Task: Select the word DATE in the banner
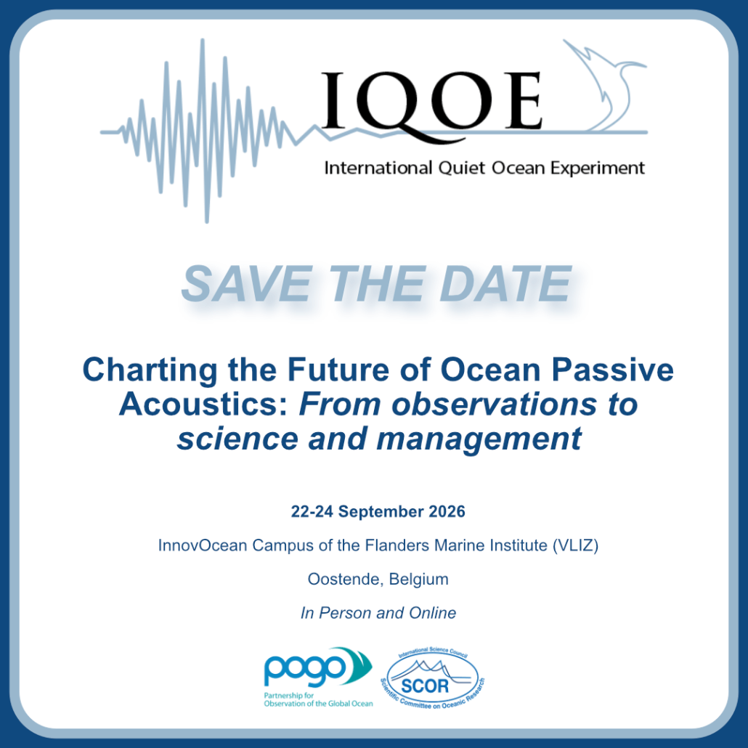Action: pyautogui.click(x=505, y=284)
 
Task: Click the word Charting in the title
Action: pyautogui.click(x=150, y=371)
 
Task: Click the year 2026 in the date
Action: pyautogui.click(x=447, y=511)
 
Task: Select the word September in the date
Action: pyautogui.click(x=381, y=512)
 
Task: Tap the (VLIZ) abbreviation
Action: pyautogui.click(x=575, y=545)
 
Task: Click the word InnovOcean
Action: pyautogui.click(x=203, y=545)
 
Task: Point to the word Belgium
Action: pyautogui.click(x=418, y=580)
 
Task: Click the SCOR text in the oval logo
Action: pyautogui.click(x=425, y=686)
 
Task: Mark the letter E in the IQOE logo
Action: pyautogui.click(x=524, y=100)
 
